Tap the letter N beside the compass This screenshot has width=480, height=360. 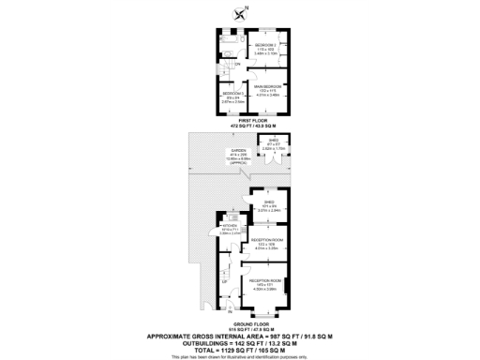[247, 8]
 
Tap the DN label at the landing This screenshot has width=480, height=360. [238, 65]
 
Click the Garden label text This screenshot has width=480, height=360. [239, 153]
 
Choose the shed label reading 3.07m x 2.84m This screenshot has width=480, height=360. [268, 208]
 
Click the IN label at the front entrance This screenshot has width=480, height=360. [231, 312]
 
